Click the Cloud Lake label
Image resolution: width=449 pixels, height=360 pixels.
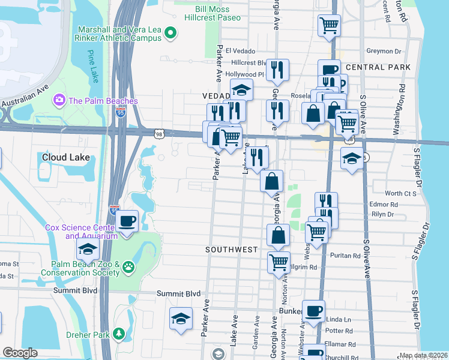click(66, 157)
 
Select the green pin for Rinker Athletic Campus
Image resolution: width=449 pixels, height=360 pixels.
click(170, 34)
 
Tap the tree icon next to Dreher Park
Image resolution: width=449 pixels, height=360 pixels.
click(119, 333)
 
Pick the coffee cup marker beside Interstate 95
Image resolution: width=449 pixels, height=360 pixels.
click(127, 221)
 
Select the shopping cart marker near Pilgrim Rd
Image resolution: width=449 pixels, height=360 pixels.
click(279, 262)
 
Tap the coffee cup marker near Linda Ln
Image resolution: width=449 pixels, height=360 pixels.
click(313, 311)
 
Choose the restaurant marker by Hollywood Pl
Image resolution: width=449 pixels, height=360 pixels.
click(277, 70)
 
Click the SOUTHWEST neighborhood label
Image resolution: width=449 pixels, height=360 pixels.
click(231, 249)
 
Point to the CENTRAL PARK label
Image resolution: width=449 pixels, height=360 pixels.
click(378, 67)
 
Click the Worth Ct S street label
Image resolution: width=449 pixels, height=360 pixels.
click(400, 193)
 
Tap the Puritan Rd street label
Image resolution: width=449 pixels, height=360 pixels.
click(345, 255)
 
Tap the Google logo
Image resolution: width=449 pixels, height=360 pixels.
click(20, 353)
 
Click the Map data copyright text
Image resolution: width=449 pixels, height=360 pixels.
click(423, 355)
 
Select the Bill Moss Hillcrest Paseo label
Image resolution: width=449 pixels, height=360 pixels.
click(209, 14)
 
